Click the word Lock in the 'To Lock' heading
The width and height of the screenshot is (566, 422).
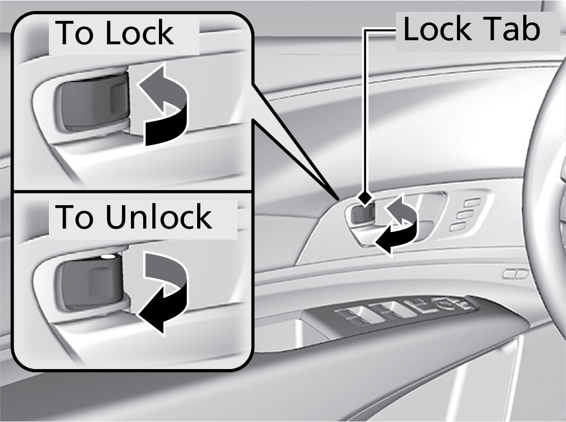(x=139, y=34)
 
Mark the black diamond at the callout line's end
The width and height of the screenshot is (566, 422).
(x=364, y=197)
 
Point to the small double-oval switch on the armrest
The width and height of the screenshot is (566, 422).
(x=515, y=274)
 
